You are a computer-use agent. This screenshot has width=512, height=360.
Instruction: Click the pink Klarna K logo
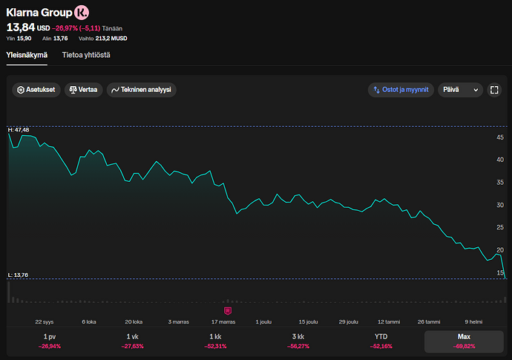82,13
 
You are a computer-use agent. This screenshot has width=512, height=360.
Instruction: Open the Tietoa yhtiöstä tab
86,55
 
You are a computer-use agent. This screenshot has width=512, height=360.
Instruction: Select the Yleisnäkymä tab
27,55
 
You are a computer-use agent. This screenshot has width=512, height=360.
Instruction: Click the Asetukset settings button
36,90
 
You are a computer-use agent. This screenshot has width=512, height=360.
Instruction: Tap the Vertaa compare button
84,90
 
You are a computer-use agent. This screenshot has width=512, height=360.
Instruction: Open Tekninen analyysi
142,90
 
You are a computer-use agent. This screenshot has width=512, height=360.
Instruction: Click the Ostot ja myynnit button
401,90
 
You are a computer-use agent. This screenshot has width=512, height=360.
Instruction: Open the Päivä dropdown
460,90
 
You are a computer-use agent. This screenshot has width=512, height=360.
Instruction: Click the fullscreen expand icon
494,90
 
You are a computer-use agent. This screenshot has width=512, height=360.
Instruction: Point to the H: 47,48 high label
19,130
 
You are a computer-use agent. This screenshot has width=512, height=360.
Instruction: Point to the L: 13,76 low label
18,275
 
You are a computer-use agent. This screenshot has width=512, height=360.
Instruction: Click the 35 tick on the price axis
500,183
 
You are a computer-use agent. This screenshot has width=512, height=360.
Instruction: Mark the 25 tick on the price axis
500,227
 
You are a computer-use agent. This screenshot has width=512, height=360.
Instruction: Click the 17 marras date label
223,322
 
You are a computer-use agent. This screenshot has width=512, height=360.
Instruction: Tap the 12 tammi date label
389,322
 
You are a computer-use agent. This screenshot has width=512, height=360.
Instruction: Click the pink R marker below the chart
228,311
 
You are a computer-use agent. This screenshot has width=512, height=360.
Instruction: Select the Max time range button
464,341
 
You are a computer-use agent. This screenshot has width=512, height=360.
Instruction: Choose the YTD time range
381,341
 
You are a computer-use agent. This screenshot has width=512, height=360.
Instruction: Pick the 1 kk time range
215,341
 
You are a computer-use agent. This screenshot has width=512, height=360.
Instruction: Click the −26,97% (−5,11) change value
76,28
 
